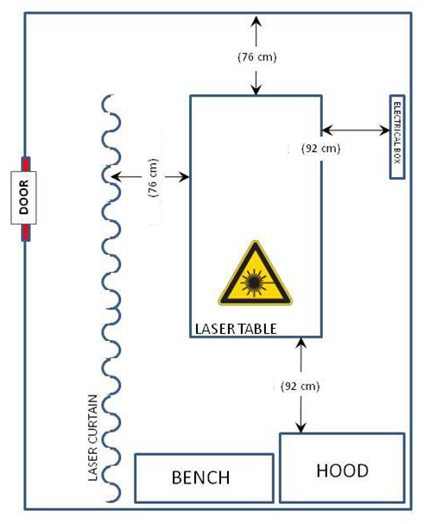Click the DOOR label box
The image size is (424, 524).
(x=23, y=198)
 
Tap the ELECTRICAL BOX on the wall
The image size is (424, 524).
(x=397, y=137)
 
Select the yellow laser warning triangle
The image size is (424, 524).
(x=255, y=273)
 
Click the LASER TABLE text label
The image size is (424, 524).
(x=236, y=329)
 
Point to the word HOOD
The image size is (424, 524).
(x=343, y=470)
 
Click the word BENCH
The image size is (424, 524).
(x=200, y=477)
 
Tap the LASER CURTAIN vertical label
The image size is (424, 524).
(x=92, y=438)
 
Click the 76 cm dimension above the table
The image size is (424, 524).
(x=256, y=57)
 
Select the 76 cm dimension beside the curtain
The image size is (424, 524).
(x=153, y=178)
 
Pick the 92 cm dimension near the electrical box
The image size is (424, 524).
(x=320, y=148)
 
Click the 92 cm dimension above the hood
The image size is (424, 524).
(x=301, y=387)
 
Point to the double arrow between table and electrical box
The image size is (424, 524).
(x=356, y=130)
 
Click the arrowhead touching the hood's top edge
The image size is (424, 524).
(x=301, y=427)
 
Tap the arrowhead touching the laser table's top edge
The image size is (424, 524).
(x=256, y=89)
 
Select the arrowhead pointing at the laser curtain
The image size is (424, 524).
(x=117, y=176)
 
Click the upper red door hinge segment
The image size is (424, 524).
(x=26, y=164)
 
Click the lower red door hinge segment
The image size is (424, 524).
(x=26, y=232)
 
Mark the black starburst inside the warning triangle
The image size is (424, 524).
(x=254, y=283)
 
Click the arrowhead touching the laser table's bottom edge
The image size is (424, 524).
(x=301, y=344)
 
